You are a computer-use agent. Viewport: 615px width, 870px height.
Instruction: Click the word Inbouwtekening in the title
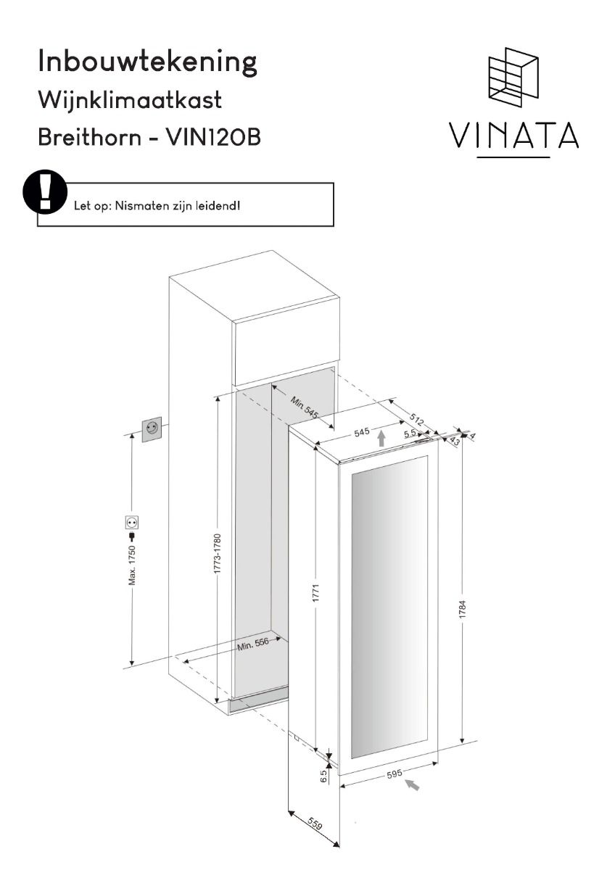point(148,62)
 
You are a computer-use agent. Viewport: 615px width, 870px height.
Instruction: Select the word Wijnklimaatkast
point(130,100)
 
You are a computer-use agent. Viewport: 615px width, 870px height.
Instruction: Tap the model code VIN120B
point(213,137)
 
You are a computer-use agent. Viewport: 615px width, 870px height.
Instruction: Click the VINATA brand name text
point(513,135)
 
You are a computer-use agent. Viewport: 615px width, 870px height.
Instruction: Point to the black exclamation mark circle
point(45,192)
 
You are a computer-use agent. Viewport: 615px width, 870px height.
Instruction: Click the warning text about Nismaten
point(157,206)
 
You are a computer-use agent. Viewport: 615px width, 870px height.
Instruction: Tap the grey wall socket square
point(151,429)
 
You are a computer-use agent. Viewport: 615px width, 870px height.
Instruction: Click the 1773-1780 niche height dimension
point(218,554)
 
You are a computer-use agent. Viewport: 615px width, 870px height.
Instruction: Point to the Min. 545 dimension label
point(304,407)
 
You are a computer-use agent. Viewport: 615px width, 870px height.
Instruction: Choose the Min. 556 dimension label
point(253,644)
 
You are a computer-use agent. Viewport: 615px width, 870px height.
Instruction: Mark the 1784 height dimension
point(462,610)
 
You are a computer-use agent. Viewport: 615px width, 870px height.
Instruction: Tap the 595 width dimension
point(395,774)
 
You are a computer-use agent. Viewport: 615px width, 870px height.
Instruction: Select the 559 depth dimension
point(315,822)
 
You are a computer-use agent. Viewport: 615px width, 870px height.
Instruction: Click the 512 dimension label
point(416,420)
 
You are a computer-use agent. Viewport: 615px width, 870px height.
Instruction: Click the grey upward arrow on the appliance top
point(381,438)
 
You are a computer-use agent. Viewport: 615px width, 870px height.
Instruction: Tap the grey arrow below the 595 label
point(412,785)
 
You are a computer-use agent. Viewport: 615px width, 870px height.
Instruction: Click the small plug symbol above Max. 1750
point(133,536)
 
